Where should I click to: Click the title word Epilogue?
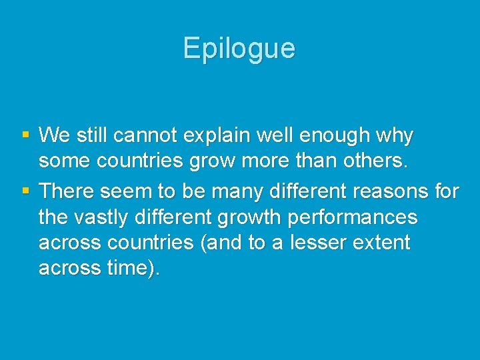click(x=239, y=49)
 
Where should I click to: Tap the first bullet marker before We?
click(x=25, y=135)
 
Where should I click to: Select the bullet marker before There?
click(x=25, y=191)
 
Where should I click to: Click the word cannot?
click(x=148, y=136)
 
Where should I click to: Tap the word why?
click(x=395, y=137)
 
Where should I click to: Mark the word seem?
click(x=126, y=191)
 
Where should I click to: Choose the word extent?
click(x=383, y=243)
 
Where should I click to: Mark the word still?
click(x=90, y=136)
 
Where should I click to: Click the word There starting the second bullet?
click(x=67, y=191)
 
